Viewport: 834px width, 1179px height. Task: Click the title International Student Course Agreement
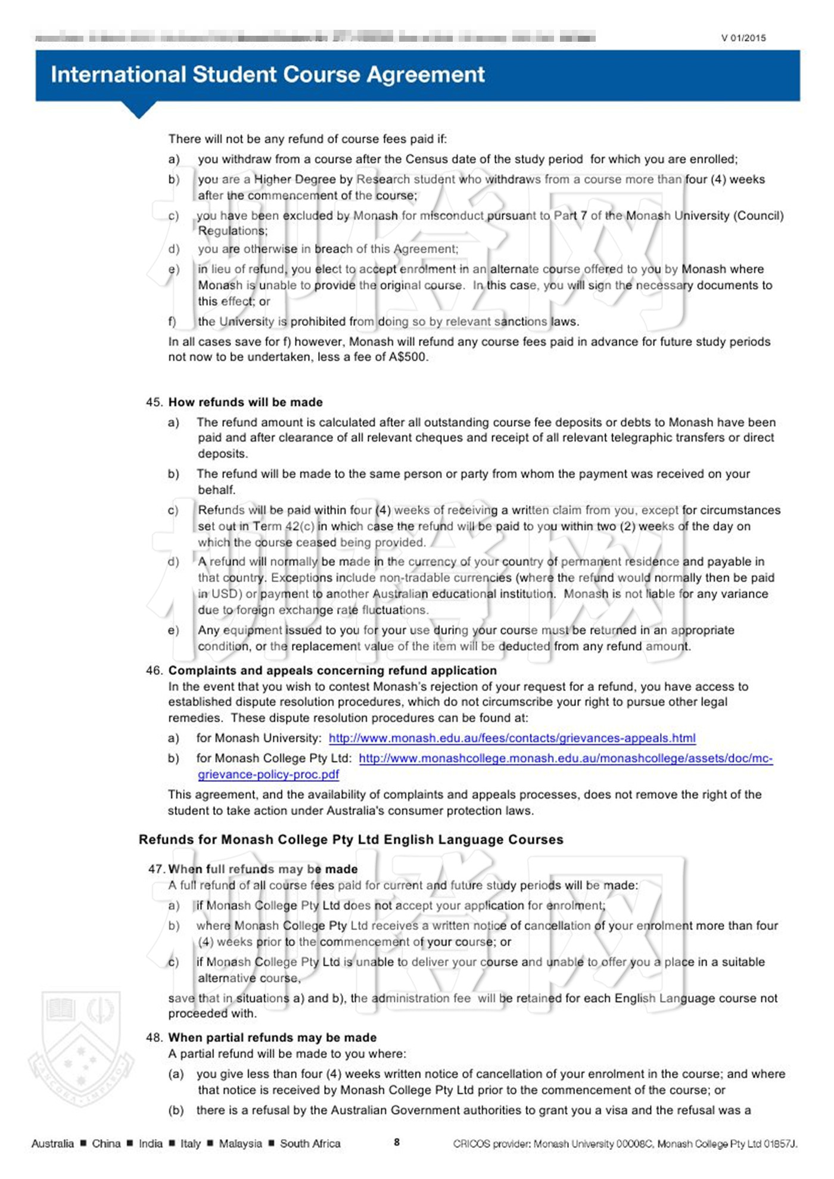tap(267, 75)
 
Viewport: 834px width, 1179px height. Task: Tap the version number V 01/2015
tap(743, 38)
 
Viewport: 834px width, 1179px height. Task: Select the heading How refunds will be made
tap(245, 402)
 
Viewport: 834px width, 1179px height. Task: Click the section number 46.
tap(154, 671)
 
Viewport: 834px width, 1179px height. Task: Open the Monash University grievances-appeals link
tap(512, 738)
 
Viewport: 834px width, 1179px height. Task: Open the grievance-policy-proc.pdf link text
tap(268, 774)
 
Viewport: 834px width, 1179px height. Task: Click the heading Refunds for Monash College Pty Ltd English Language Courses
tap(351, 839)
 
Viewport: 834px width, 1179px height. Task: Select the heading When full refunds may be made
tap(263, 869)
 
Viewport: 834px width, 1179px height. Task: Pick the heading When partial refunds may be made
tap(272, 1038)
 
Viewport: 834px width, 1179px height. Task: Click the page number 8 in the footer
tap(397, 1142)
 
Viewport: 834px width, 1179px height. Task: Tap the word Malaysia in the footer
tap(240, 1143)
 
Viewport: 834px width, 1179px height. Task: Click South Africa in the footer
tap(310, 1143)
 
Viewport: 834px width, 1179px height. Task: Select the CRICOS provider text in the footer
tap(625, 1143)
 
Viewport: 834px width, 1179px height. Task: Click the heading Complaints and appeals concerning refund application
tap(332, 671)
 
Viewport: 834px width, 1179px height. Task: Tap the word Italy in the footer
tap(191, 1143)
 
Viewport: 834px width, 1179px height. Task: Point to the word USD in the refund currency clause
tap(225, 594)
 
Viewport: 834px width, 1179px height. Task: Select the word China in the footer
tap(106, 1143)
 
